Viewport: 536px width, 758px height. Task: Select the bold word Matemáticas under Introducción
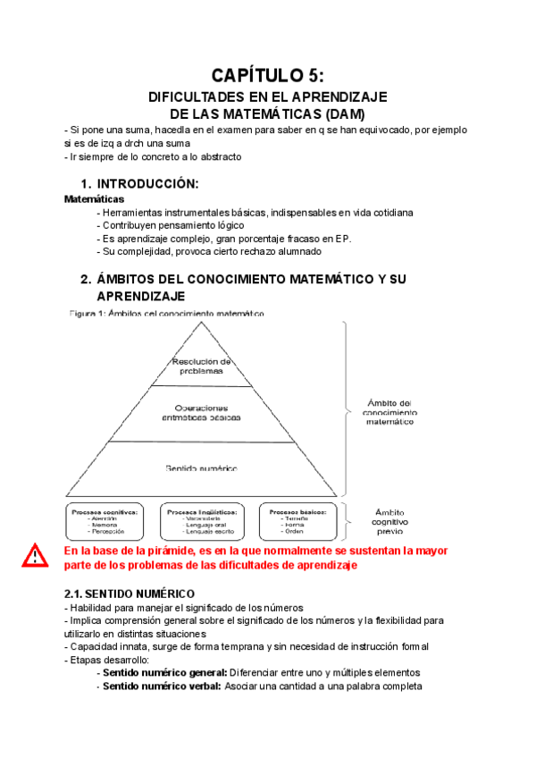(94, 199)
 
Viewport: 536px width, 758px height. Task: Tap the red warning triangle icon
(36, 556)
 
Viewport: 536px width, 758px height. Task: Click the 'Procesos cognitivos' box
(105, 519)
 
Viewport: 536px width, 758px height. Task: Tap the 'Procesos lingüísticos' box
(203, 519)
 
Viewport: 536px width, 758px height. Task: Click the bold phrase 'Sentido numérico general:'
(164, 672)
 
